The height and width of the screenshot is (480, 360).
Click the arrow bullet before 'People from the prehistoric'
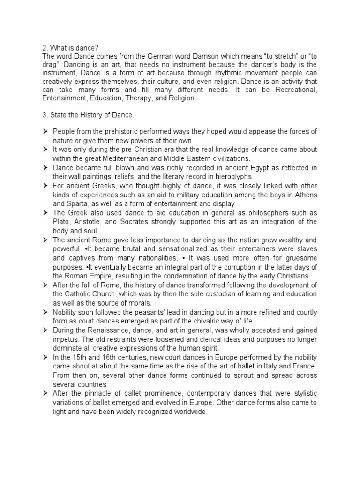point(45,132)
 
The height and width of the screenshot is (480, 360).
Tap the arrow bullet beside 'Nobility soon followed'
point(45,312)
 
